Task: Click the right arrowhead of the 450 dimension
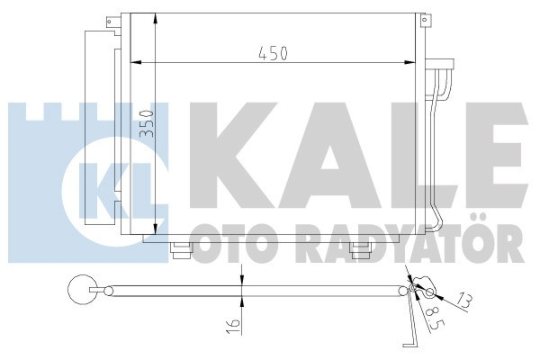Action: pyautogui.click(x=416, y=63)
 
